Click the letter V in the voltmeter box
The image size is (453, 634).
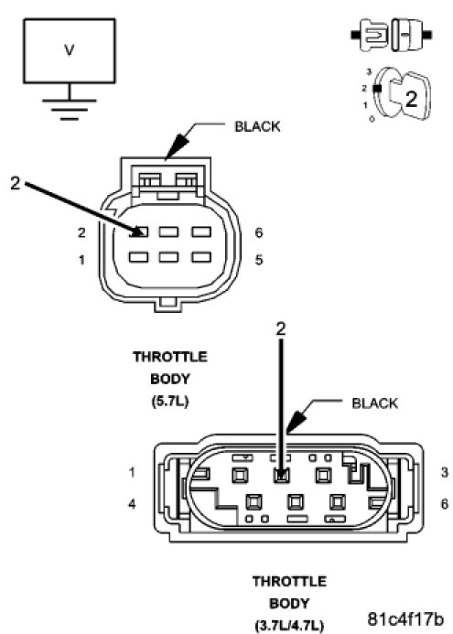click(x=70, y=50)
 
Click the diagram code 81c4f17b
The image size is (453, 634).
click(x=405, y=618)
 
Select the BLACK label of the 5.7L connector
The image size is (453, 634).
click(x=257, y=126)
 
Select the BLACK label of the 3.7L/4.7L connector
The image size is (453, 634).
click(x=374, y=403)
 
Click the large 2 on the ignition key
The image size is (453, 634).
click(x=411, y=99)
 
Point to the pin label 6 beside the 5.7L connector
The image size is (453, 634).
click(x=259, y=232)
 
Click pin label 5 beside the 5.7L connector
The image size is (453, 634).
click(x=259, y=260)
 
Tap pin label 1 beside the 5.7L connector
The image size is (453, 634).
click(x=81, y=260)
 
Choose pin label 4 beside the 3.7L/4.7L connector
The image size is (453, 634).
click(x=132, y=504)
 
